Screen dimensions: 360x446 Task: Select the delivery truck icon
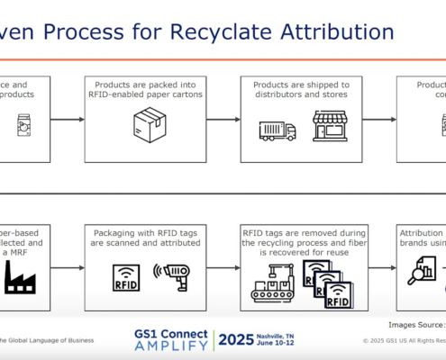(x=278, y=130)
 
